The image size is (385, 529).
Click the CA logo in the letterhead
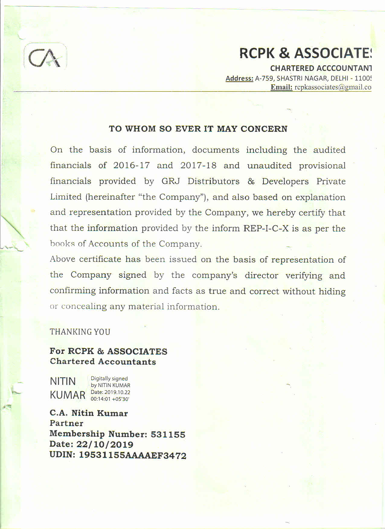pos(45,57)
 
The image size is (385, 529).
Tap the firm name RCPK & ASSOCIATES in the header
pos(305,53)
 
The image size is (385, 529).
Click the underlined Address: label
pos(239,78)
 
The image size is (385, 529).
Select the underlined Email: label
pos(281,87)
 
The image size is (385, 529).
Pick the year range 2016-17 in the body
pos(131,165)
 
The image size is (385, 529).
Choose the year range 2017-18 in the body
pos(198,166)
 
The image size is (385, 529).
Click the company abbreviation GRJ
pos(171,181)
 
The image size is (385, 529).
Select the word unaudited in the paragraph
pos(269,166)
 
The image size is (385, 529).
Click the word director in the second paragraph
pos(261,275)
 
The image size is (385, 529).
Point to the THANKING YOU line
pos(80,332)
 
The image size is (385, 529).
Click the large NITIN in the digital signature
pos(63,381)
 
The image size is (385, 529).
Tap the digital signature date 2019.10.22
pos(117,392)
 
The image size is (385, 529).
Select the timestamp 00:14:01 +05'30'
pos(110,399)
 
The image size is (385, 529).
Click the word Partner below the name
pos(66,423)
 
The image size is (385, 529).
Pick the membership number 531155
pos(168,435)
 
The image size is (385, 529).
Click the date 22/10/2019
pos(105,445)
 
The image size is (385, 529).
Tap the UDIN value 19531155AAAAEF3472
pos(133,455)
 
